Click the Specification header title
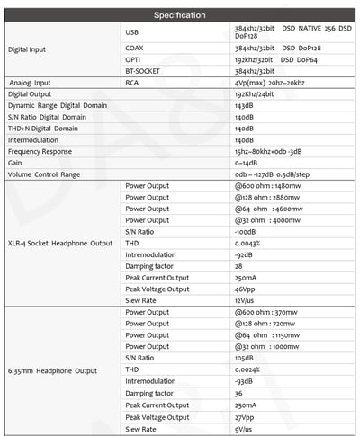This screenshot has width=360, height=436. [180, 15]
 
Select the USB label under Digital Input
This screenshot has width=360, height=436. [133, 31]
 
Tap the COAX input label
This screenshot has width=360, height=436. [135, 47]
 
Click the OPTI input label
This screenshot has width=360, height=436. [134, 58]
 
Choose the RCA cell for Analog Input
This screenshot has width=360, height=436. [133, 82]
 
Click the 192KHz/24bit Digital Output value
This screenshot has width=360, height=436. [255, 93]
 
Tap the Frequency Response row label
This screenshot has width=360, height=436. [40, 152]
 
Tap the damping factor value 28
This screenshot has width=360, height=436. [238, 267]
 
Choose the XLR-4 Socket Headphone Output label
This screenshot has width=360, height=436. [58, 244]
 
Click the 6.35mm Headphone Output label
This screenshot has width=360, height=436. [53, 370]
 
